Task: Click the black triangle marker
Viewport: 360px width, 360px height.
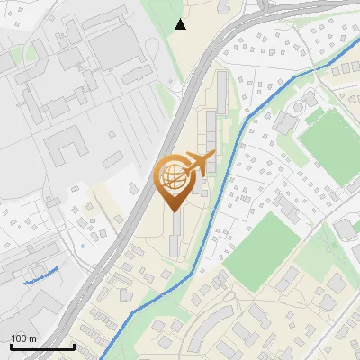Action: (181, 24)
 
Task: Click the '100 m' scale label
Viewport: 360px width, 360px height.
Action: (24, 337)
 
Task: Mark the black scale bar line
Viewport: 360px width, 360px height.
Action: (41, 347)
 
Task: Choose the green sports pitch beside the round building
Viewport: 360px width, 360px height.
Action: (329, 139)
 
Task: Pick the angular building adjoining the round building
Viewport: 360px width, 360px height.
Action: (290, 119)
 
